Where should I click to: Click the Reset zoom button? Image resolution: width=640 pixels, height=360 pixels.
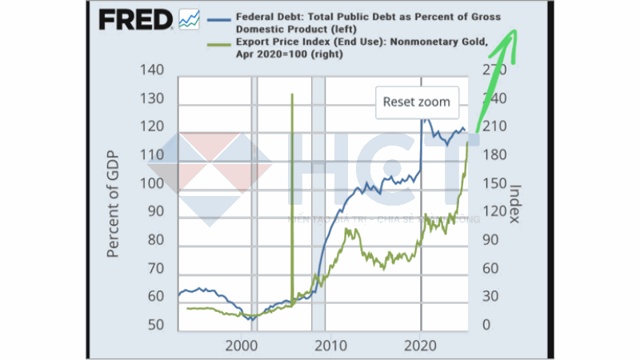[x=416, y=102]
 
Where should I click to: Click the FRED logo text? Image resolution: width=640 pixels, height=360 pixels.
[x=135, y=19]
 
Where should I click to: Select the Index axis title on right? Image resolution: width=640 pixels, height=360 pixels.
[x=516, y=203]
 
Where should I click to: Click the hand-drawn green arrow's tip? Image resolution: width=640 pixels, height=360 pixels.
[x=514, y=30]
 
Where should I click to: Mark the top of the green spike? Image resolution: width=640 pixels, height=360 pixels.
[x=292, y=94]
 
